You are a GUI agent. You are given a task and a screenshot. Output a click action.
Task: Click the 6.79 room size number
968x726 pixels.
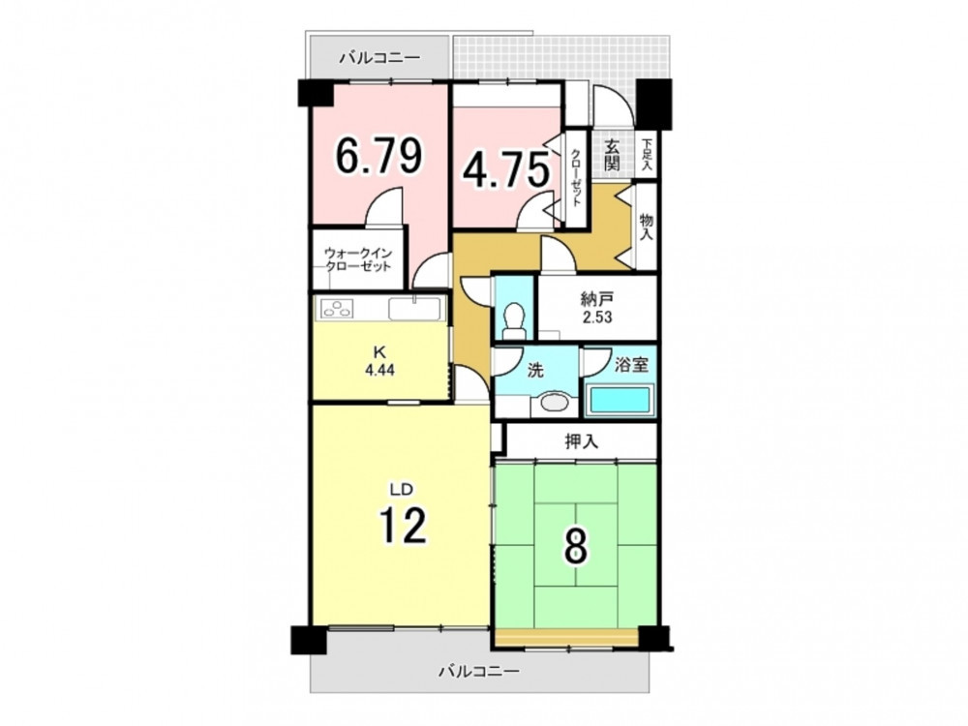tap(379, 156)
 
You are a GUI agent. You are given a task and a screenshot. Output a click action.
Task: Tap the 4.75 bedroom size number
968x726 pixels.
tap(506, 170)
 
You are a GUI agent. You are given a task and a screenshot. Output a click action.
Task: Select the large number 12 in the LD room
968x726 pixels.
tap(403, 525)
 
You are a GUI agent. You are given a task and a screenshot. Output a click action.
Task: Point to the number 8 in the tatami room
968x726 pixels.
tap(575, 546)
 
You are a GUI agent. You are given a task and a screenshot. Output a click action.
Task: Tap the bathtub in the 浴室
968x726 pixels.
tap(619, 400)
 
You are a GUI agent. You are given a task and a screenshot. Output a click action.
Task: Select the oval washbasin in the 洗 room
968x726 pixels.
tap(554, 403)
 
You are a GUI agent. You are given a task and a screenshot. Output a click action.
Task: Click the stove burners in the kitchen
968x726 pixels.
tap(337, 309)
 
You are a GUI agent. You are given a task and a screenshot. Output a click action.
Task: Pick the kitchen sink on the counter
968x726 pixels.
tap(414, 308)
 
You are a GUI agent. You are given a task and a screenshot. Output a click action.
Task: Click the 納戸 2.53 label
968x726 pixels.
tap(596, 309)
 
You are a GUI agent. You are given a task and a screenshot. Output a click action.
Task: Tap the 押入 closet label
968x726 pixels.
tap(582, 441)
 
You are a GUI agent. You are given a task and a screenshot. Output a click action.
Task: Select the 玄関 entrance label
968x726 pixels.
tap(612, 155)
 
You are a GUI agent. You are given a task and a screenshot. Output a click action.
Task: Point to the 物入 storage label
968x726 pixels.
tap(647, 227)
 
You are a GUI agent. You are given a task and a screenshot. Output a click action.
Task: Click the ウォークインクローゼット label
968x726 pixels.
tap(358, 259)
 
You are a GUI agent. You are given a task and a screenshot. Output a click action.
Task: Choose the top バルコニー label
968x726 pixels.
tap(379, 59)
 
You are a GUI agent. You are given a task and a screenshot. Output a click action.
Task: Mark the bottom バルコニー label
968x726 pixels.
tap(479, 671)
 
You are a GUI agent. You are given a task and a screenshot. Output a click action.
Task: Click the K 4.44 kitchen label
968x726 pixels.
tap(379, 361)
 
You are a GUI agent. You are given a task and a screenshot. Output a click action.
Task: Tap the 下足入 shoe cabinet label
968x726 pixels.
tap(647, 155)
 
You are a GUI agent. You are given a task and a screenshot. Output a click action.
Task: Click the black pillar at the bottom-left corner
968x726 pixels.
tap(308, 640)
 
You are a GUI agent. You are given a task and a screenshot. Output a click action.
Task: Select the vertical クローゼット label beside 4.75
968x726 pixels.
tap(576, 179)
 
